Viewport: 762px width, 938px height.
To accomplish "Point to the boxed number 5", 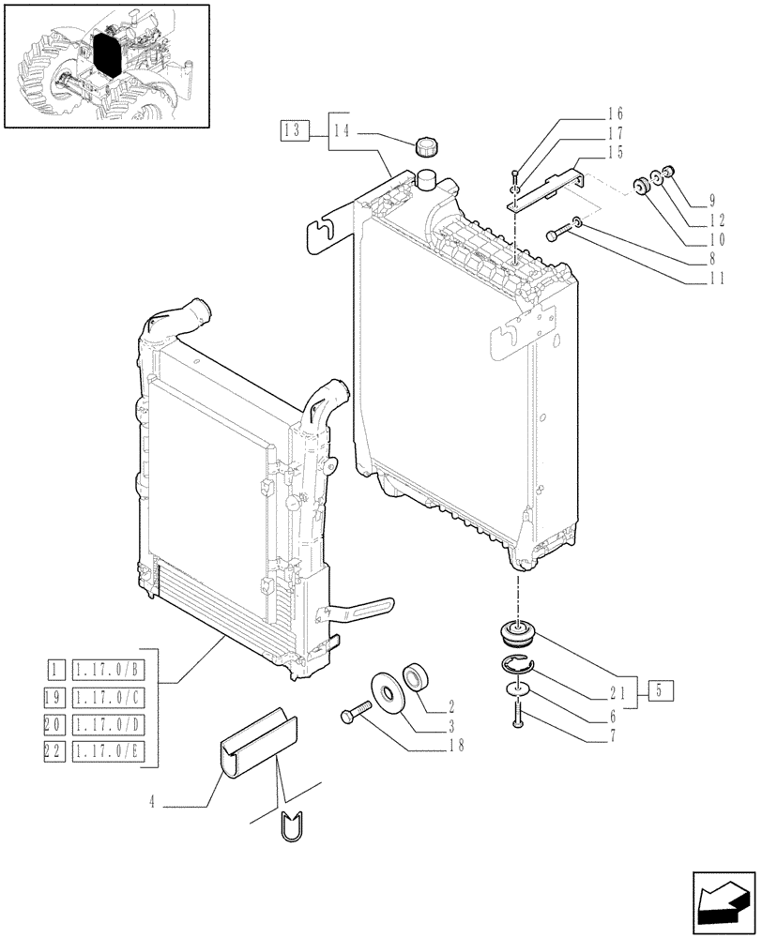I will [x=661, y=692].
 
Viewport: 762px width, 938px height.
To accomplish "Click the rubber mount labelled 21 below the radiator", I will [x=515, y=633].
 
